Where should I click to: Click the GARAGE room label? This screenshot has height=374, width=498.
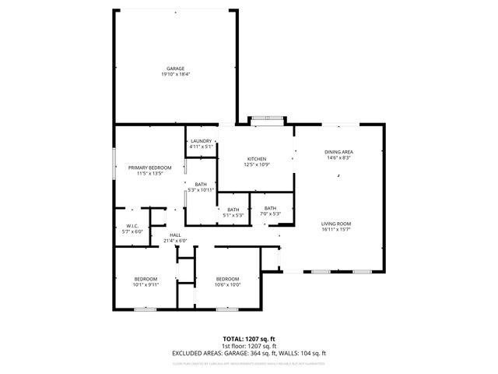point(174,69)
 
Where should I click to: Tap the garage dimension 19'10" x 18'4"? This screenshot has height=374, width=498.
point(174,75)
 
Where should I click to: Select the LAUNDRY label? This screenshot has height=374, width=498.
point(201,141)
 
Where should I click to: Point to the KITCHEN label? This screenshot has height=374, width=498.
point(258,158)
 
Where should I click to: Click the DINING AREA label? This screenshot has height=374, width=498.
point(338,152)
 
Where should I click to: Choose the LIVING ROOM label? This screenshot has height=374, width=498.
point(338,224)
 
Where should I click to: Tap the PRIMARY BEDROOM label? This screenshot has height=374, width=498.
point(149,168)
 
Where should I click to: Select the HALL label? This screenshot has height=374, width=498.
point(175,235)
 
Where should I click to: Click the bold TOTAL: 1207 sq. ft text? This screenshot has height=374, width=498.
point(249,339)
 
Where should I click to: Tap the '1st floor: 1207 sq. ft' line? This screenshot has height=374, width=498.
point(249,346)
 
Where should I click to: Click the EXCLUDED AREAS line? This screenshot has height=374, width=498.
point(249,353)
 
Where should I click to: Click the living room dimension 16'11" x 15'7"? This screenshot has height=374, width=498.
point(338,230)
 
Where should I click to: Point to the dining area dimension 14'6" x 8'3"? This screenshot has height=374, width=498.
point(338,158)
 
